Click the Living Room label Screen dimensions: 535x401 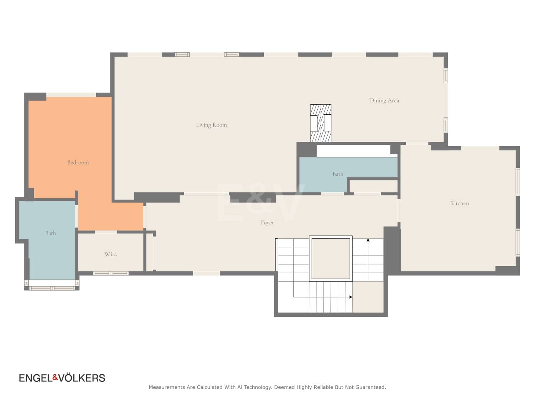pyautogui.click(x=211, y=125)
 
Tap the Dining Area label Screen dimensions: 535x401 pyautogui.click(x=385, y=101)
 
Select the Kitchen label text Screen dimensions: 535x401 pyautogui.click(x=459, y=203)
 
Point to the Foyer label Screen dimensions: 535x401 pyautogui.click(x=267, y=222)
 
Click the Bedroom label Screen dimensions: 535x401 pyautogui.click(x=78, y=162)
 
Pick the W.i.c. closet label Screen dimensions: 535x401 pyautogui.click(x=111, y=254)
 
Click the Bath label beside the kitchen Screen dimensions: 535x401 pyautogui.click(x=338, y=174)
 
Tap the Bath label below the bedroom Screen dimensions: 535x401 pyautogui.click(x=51, y=233)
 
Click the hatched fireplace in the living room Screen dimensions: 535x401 pyautogui.click(x=321, y=123)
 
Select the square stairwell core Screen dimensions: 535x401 pyautogui.click(x=331, y=258)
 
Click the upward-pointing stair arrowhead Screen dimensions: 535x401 pyautogui.click(x=368, y=240)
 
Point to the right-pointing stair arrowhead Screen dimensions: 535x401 pyautogui.click(x=351, y=297)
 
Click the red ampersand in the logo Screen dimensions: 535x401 pyautogui.click(x=55, y=377)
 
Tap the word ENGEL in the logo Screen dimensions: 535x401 pyautogui.click(x=36, y=378)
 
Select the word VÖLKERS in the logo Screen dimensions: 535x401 pyautogui.click(x=82, y=378)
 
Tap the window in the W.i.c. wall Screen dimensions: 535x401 pyautogui.click(x=111, y=273)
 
